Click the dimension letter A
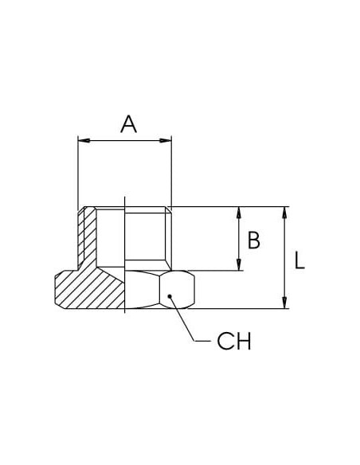(x=129, y=124)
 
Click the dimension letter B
(x=254, y=240)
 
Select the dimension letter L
(x=299, y=260)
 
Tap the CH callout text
(x=234, y=341)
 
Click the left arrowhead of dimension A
(x=84, y=140)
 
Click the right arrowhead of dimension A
(x=166, y=140)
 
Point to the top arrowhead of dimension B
(x=239, y=213)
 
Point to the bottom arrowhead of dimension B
(x=239, y=264)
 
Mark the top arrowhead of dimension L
(x=284, y=213)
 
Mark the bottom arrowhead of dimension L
(x=284, y=303)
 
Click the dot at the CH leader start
(x=170, y=296)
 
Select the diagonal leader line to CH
(x=182, y=318)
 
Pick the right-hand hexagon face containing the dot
(x=177, y=290)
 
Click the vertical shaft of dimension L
(x=284, y=258)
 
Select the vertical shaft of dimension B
(x=239, y=238)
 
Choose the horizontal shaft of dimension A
(x=124, y=140)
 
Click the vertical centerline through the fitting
(x=125, y=255)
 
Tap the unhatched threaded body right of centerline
(x=148, y=238)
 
